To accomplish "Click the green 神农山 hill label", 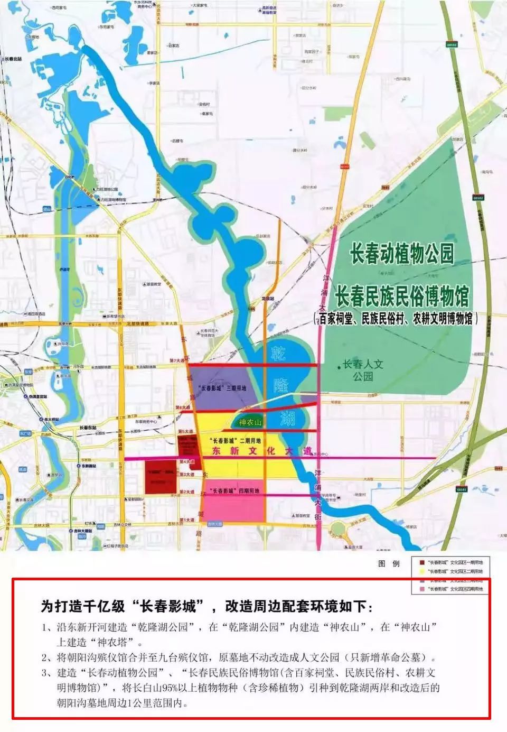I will [x=250, y=422].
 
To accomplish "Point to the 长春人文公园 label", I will [x=363, y=370].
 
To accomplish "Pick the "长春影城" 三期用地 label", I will [x=222, y=388].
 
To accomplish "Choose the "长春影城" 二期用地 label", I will [x=235, y=440].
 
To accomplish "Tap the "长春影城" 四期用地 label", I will [x=234, y=491].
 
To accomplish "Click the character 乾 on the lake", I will [x=278, y=353].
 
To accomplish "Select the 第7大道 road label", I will [x=178, y=360].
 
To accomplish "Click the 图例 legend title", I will [x=389, y=564].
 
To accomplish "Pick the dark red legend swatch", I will [x=421, y=562].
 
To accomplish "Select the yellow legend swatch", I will [x=421, y=571].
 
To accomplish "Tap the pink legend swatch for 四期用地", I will [x=421, y=589].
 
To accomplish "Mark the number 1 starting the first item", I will [x=45, y=628].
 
